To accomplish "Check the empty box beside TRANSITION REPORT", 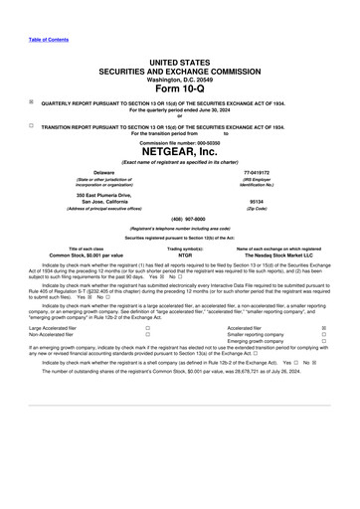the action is [32, 126].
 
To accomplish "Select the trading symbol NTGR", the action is [179, 255].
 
